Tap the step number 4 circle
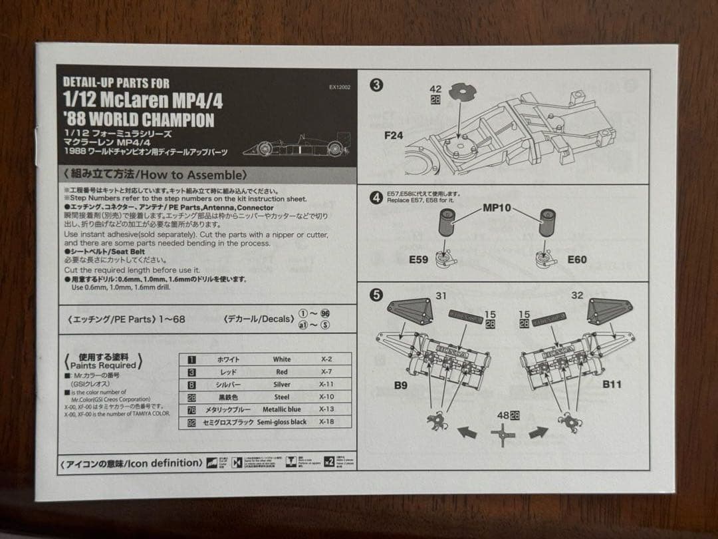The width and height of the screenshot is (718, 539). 376,198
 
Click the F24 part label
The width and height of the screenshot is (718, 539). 393,135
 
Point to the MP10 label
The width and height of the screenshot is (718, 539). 497,208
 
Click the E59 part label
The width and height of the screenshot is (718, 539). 418,260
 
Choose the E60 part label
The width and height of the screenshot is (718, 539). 576,260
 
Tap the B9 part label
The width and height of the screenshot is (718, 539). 402,385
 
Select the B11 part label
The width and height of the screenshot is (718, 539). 611,385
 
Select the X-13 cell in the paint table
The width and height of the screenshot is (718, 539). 326,409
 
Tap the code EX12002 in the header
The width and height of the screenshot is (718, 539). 339,87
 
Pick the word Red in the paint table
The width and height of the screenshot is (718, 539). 281,372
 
